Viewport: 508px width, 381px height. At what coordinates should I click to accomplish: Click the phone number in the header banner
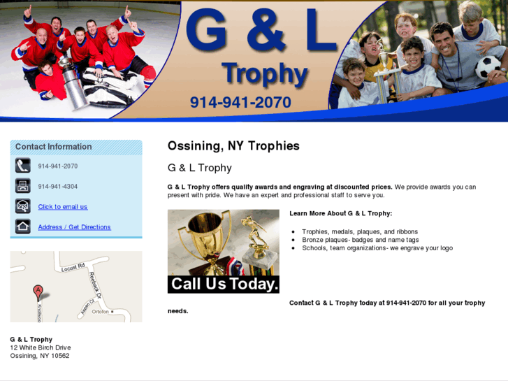240,103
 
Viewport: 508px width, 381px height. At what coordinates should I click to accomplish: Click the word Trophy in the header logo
264,73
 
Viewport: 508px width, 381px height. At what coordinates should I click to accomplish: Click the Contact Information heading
54,147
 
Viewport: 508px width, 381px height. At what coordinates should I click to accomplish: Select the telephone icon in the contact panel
23,166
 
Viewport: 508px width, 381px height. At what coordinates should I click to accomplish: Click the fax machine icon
23,186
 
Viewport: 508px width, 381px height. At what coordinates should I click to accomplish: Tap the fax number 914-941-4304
58,187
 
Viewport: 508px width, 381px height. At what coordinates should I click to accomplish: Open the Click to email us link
63,207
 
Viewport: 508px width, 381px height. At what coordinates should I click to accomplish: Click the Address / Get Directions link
74,227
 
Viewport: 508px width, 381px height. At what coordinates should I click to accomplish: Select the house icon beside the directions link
23,227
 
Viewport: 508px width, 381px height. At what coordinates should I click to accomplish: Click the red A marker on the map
38,292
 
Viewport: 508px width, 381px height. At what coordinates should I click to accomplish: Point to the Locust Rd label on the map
73,267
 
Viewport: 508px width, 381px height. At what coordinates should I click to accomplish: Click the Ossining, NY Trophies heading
233,146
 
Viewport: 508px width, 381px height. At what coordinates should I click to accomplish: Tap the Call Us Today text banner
224,284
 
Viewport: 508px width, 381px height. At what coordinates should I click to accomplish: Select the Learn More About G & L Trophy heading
340,213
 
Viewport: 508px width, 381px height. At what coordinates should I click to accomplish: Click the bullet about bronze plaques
360,240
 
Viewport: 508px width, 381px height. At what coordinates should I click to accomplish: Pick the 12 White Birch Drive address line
41,347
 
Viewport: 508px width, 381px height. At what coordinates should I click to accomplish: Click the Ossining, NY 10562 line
40,356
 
